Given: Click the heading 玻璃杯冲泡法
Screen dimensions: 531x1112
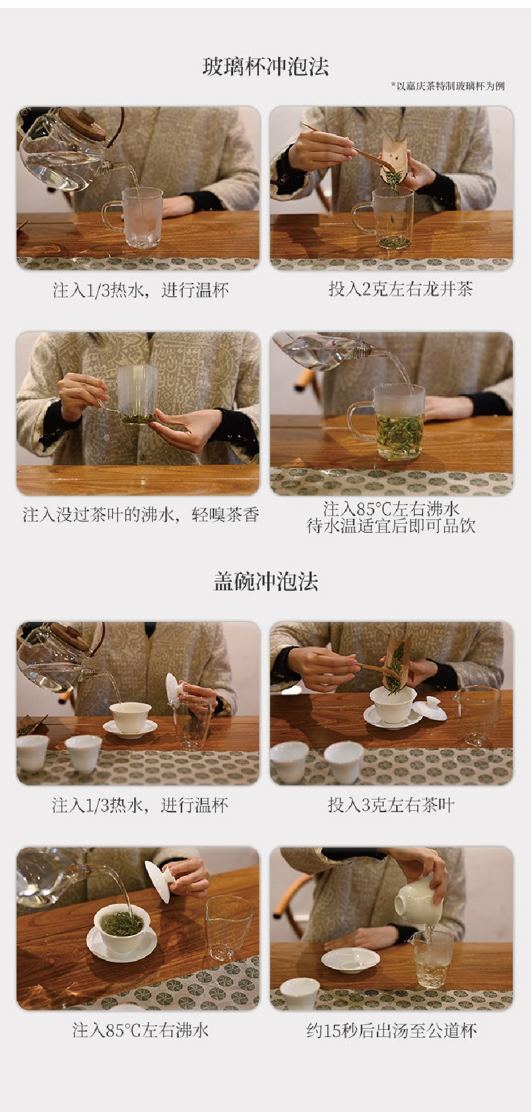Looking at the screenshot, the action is [265, 66].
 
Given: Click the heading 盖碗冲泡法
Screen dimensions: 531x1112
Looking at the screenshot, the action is [265, 581].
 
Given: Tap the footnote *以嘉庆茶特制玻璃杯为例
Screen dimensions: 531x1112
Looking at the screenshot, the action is [448, 86].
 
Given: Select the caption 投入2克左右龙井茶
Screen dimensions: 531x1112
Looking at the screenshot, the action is [400, 289].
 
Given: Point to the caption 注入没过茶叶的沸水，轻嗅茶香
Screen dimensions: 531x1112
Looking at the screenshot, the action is [141, 515].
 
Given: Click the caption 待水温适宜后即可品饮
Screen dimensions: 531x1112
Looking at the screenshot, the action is [391, 526].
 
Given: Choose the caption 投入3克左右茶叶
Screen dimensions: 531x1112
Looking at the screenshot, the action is [391, 804].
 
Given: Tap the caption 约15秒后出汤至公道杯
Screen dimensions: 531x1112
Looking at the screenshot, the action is [391, 1030].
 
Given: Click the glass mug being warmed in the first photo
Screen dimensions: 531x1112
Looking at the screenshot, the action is [136, 217].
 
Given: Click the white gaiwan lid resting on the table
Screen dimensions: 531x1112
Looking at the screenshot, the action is [430, 709].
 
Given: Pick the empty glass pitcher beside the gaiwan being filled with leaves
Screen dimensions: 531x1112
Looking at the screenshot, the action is [478, 716].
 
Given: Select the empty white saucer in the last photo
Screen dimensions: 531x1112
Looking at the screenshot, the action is [351, 960].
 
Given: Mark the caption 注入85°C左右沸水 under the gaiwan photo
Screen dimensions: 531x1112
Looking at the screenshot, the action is [141, 1030].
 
